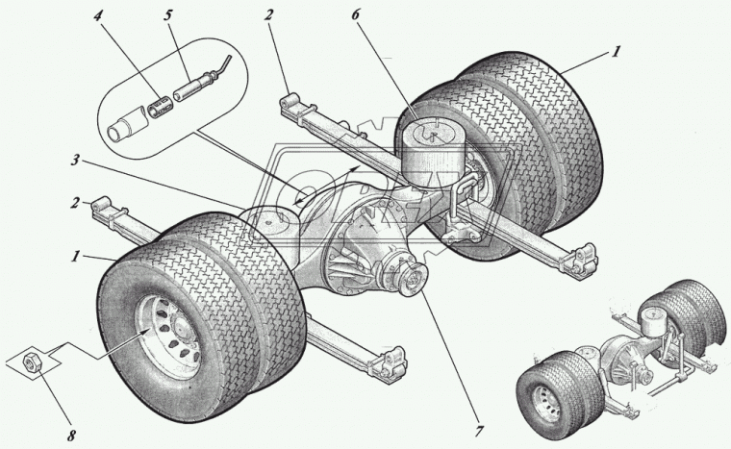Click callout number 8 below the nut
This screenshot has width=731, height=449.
click(71, 436)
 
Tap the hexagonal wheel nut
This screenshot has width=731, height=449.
click(32, 362)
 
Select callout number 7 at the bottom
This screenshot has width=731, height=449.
click(477, 432)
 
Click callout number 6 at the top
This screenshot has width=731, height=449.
click(356, 15)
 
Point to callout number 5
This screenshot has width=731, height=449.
click(167, 15)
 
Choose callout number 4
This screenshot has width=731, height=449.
click(97, 15)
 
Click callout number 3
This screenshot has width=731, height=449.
click(75, 160)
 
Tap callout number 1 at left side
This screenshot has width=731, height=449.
click(75, 256)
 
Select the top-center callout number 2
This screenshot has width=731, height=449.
click(267, 15)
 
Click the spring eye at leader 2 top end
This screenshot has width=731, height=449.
click(290, 101)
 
